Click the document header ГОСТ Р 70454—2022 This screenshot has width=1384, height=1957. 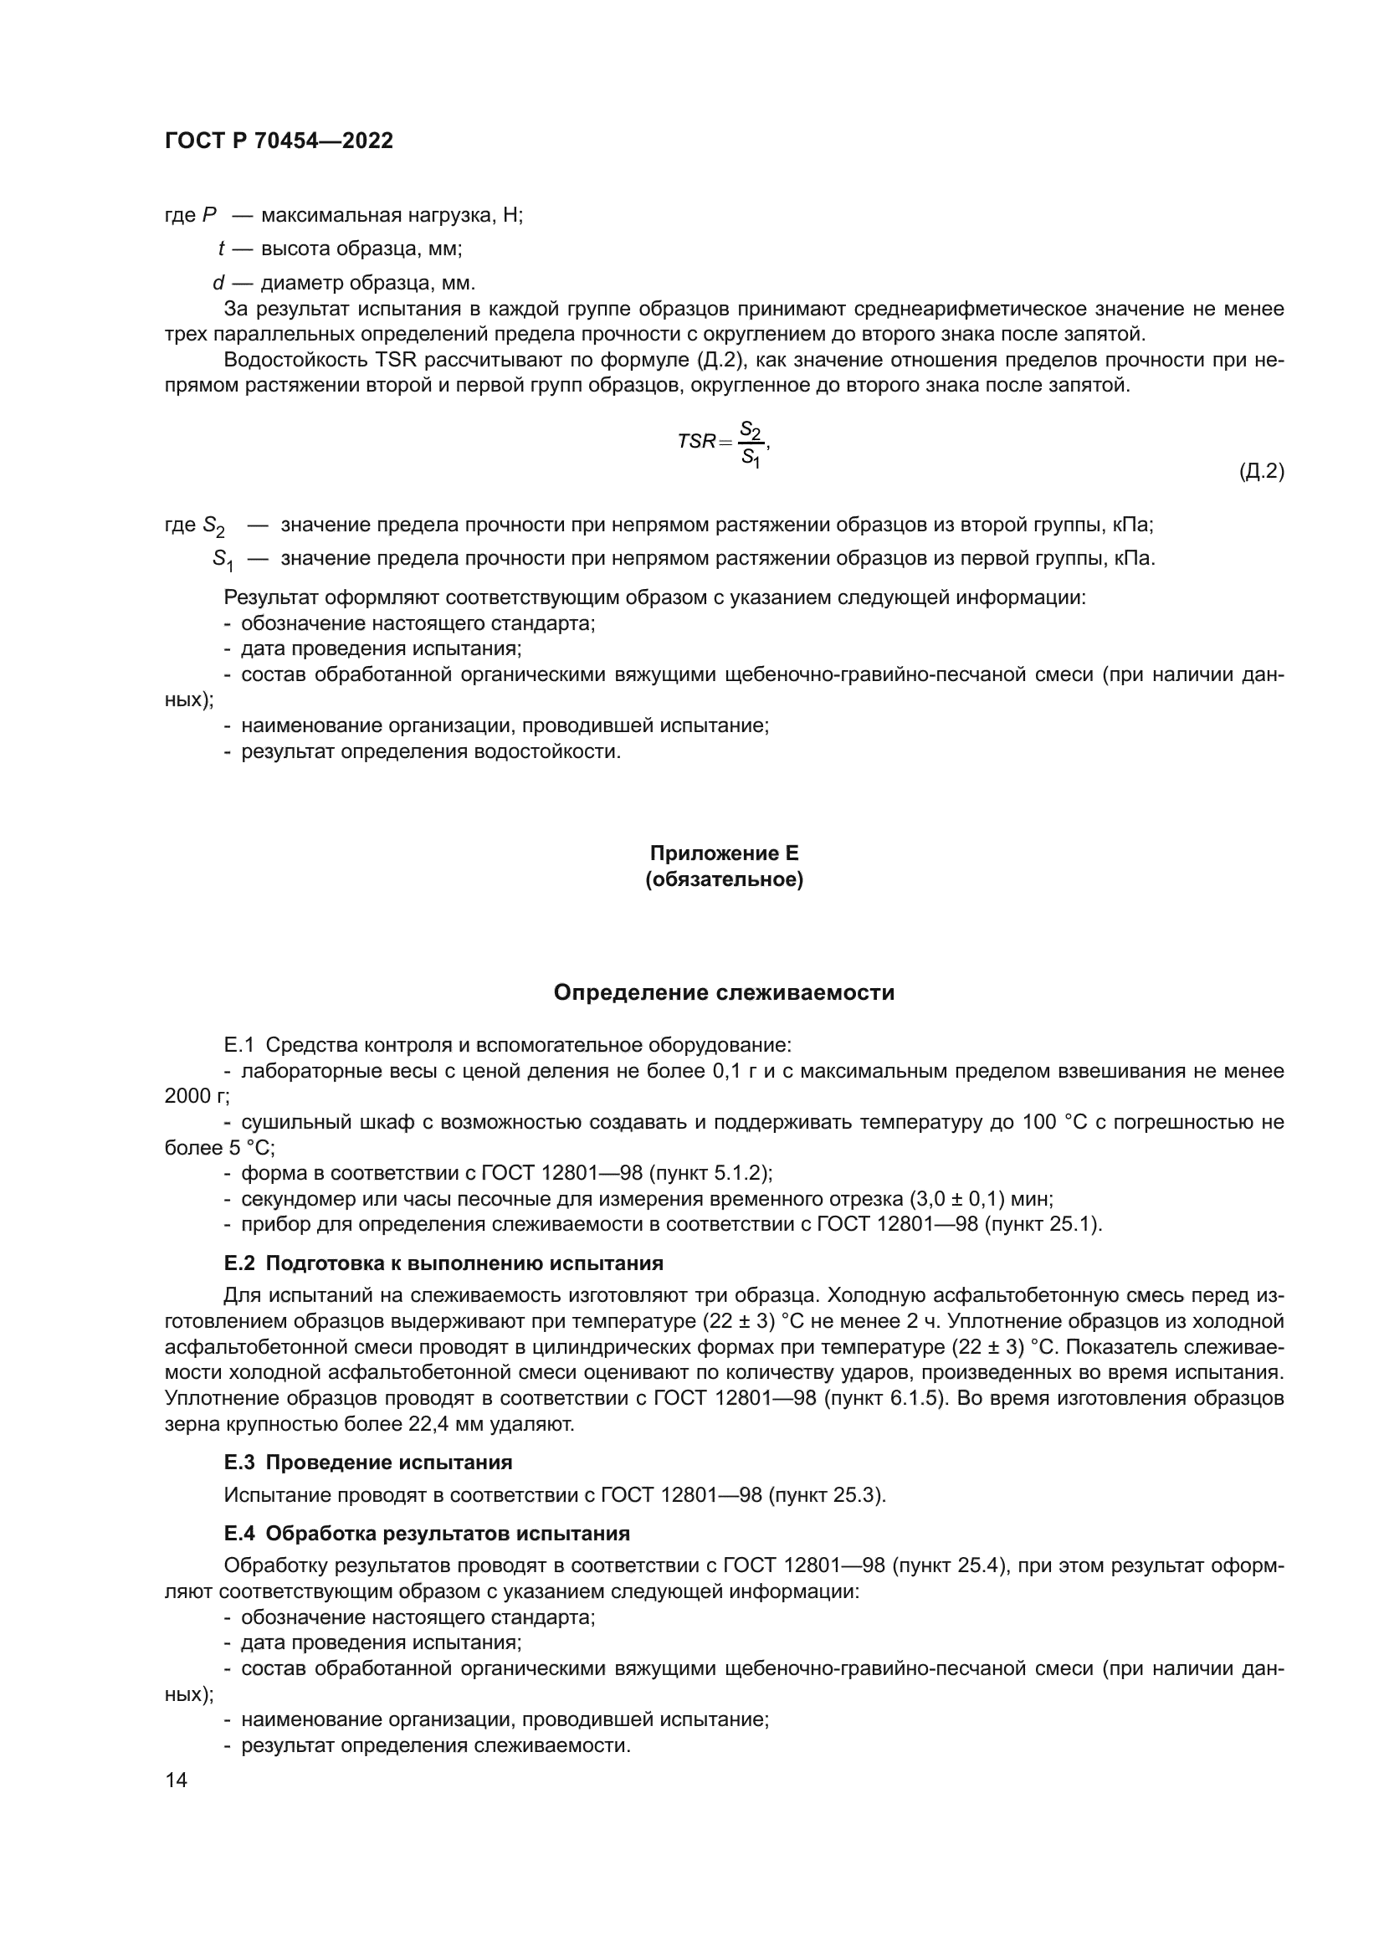coord(279,141)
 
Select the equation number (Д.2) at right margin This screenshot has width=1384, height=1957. coord(1260,470)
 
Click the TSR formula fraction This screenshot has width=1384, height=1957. coord(750,443)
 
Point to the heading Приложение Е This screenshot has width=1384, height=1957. coord(724,853)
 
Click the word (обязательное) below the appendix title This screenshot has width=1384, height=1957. coord(724,879)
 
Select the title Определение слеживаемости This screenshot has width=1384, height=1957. coord(724,992)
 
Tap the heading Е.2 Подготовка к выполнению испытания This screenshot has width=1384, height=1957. coord(443,1263)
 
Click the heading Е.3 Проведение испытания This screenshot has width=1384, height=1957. coord(368,1463)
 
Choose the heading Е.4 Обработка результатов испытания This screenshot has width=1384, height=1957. coord(427,1534)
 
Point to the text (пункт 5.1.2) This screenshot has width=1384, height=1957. coord(710,1174)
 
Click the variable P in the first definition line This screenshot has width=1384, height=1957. coord(210,216)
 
